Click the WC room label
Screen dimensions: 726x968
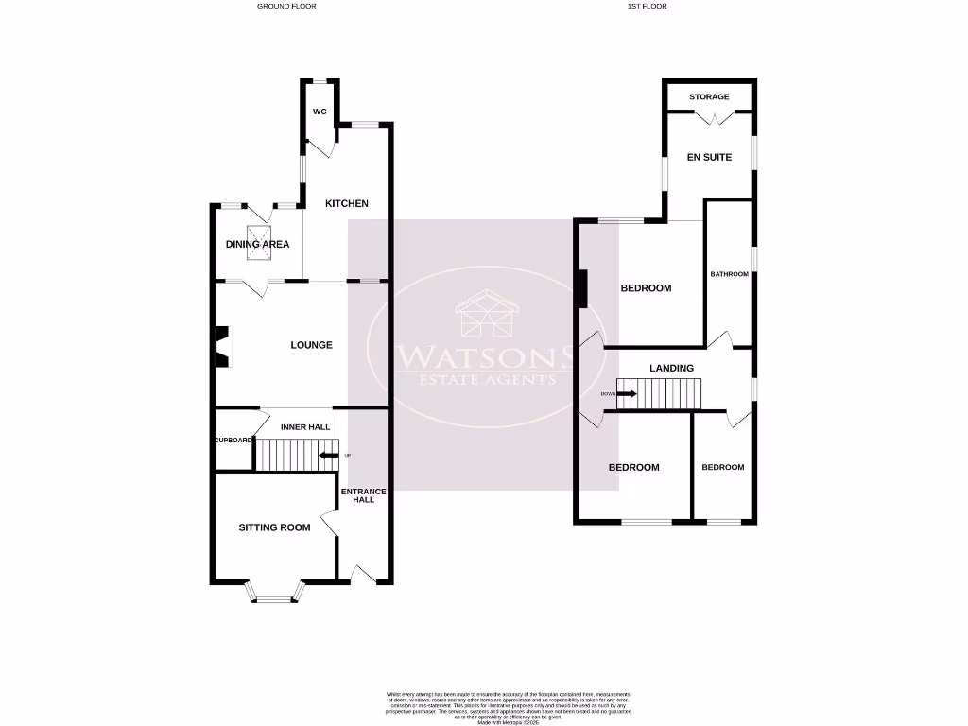pyautogui.click(x=320, y=112)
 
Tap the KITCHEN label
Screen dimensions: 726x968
pyautogui.click(x=347, y=203)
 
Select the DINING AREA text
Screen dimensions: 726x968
pyautogui.click(x=257, y=244)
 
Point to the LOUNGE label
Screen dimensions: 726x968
pyautogui.click(x=311, y=345)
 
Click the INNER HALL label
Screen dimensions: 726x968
pyautogui.click(x=305, y=427)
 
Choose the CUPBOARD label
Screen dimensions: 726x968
pyautogui.click(x=233, y=441)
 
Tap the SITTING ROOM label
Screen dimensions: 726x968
pyautogui.click(x=274, y=527)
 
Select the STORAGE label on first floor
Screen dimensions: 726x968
pyautogui.click(x=709, y=97)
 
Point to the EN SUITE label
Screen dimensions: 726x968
pyautogui.click(x=709, y=157)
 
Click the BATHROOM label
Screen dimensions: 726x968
pyautogui.click(x=729, y=274)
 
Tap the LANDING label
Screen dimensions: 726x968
pyautogui.click(x=672, y=368)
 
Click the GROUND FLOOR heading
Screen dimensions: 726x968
pyautogui.click(x=286, y=6)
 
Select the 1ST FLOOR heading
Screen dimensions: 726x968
pyautogui.click(x=647, y=6)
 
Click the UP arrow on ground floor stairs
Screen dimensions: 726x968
pyautogui.click(x=329, y=456)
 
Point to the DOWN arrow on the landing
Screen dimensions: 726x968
pyautogui.click(x=625, y=393)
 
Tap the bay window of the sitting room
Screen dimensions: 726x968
pyautogui.click(x=276, y=594)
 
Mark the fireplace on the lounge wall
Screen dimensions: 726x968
pyautogui.click(x=222, y=345)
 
